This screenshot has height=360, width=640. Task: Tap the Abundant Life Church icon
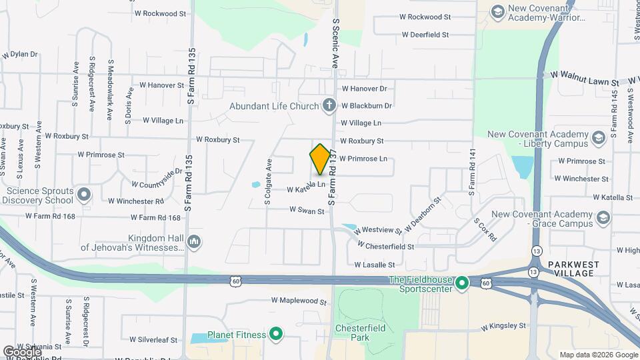tap(329, 105)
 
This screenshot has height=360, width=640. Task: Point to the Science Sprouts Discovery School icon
tap(84, 195)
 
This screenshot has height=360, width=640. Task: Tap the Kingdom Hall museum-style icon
tap(194, 241)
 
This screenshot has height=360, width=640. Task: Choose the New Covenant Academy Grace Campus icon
tap(603, 218)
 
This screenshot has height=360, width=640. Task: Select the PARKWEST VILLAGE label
tap(574, 269)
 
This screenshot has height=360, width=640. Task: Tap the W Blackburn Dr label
tap(366, 105)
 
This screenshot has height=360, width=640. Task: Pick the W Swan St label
tap(307, 211)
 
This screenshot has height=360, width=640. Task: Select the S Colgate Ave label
tap(268, 181)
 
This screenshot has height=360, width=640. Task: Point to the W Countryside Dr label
tap(157, 179)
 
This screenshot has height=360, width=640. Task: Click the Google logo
tap(21, 351)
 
